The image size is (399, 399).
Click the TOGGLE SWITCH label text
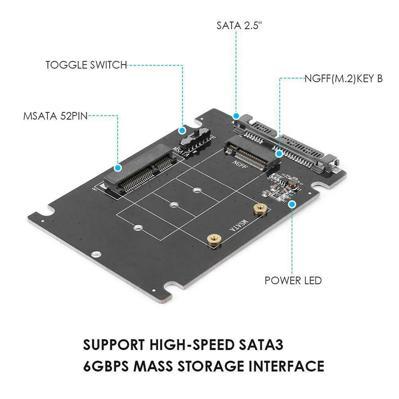click(x=86, y=65)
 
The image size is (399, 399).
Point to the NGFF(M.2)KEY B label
click(x=344, y=78)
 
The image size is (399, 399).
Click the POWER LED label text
click(x=293, y=280)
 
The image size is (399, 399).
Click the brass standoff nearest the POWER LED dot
click(x=259, y=208)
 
